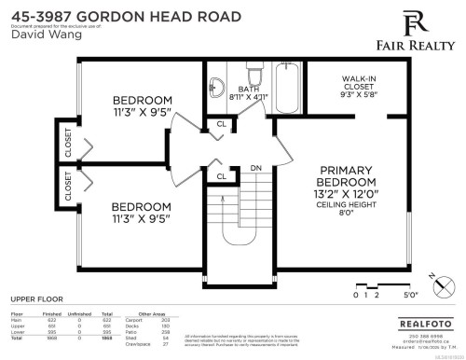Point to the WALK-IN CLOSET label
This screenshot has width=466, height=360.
(x=358, y=85)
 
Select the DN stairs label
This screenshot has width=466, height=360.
(x=255, y=169)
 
